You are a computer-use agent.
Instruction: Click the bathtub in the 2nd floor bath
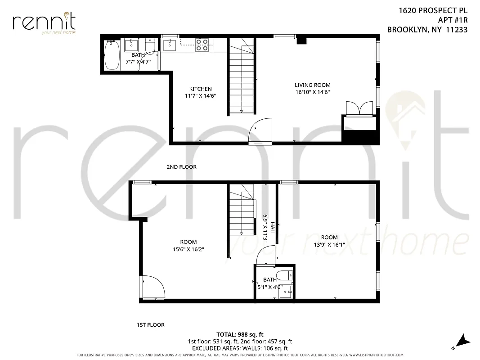pos(111,55)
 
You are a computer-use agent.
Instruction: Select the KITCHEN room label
pos(200,89)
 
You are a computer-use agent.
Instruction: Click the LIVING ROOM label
pos(312,85)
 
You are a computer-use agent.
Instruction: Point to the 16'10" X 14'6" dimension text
pos(312,92)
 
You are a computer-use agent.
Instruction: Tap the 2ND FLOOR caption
pos(181,167)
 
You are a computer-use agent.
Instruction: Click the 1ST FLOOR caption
pos(150,325)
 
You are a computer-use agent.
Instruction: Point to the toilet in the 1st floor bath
pos(284,275)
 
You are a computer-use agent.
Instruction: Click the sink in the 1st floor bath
pos(285,292)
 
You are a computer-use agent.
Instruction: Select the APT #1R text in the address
pos(453,20)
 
